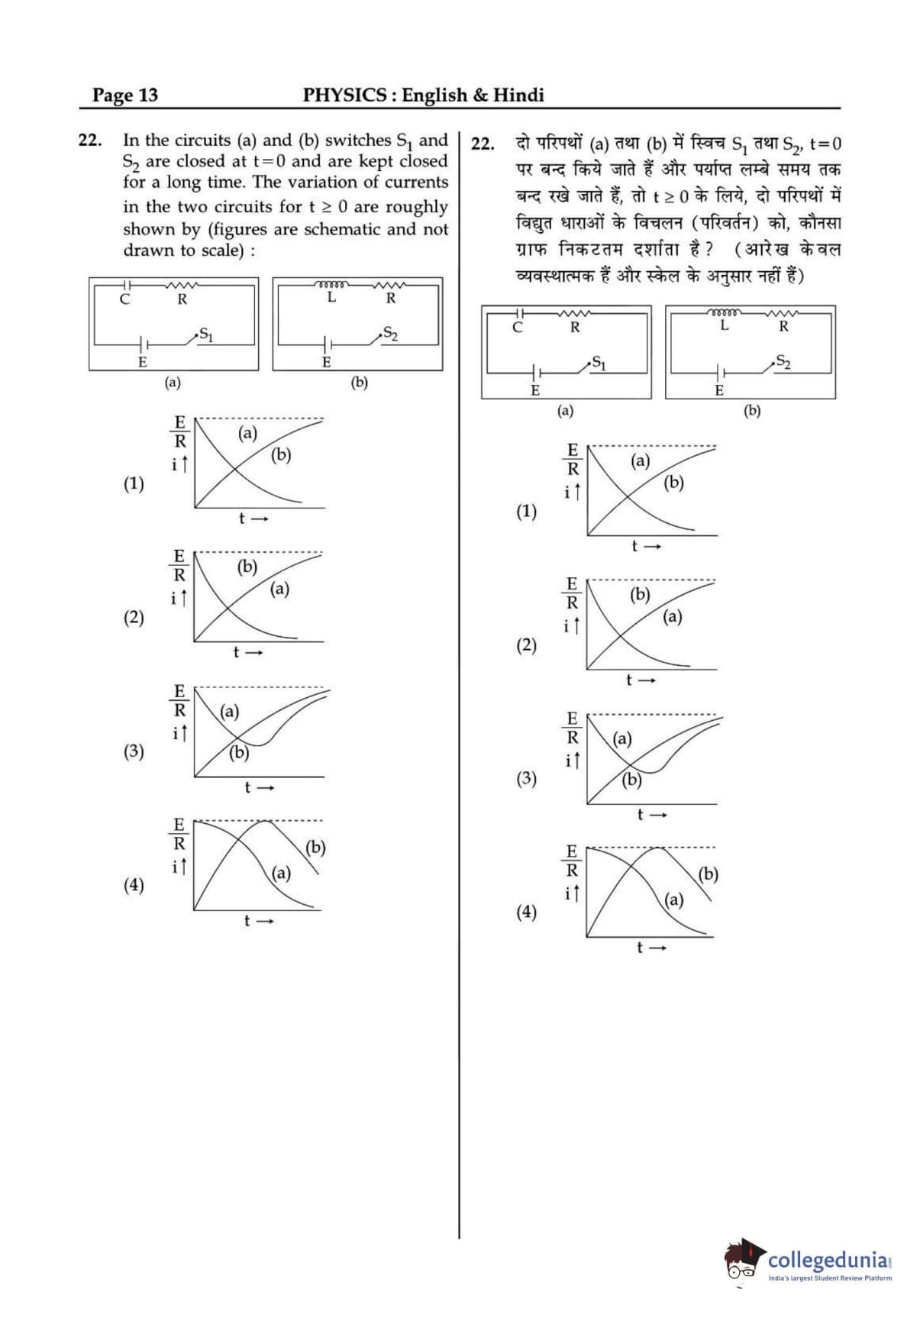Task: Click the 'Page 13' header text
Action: click(125, 95)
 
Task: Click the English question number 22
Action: click(89, 140)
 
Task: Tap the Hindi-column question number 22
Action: click(483, 144)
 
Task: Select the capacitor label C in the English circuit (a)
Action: click(124, 299)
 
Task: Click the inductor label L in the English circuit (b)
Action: click(331, 297)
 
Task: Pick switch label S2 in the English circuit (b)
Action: click(390, 334)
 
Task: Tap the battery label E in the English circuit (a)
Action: click(142, 363)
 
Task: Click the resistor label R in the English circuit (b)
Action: click(391, 299)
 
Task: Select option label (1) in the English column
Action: click(134, 483)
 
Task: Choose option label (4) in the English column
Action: click(134, 884)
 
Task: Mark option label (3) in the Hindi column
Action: click(526, 778)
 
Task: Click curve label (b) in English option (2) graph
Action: click(247, 567)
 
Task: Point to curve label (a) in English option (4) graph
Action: click(281, 872)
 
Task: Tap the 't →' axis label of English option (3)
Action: click(259, 787)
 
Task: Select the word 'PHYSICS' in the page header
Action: click(344, 95)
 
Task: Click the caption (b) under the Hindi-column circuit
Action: click(752, 411)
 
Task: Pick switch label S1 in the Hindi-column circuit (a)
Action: click(599, 363)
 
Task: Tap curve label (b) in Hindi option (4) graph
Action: click(708, 874)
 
